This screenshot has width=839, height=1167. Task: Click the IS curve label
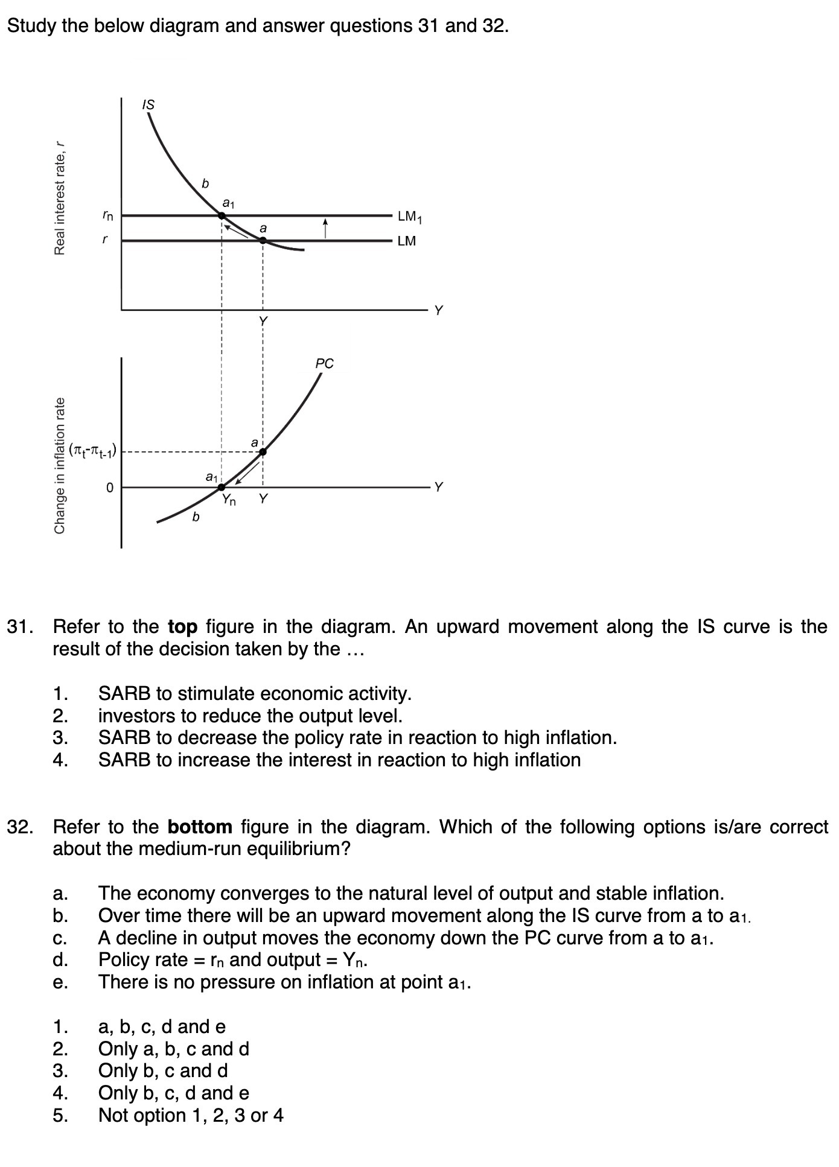click(148, 105)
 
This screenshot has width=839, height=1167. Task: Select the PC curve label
click(324, 364)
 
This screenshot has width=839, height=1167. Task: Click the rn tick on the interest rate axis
click(107, 214)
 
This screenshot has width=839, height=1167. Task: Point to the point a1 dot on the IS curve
click(222, 215)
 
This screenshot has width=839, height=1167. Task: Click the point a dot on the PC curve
click(263, 452)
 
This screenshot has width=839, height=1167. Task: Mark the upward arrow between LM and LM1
click(325, 228)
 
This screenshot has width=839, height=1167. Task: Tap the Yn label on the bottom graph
click(229, 500)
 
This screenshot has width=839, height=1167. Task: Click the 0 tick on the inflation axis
click(109, 487)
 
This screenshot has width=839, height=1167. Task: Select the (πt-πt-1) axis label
click(94, 450)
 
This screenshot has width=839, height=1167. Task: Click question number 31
click(19, 627)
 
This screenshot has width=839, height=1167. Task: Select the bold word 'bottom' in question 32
click(200, 827)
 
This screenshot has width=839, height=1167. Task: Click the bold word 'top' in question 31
click(182, 627)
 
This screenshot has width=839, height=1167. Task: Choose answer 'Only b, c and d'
click(163, 1071)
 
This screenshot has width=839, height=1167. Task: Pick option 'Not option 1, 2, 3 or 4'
click(191, 1115)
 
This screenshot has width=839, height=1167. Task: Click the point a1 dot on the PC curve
click(222, 487)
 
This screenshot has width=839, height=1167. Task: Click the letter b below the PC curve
click(195, 517)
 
